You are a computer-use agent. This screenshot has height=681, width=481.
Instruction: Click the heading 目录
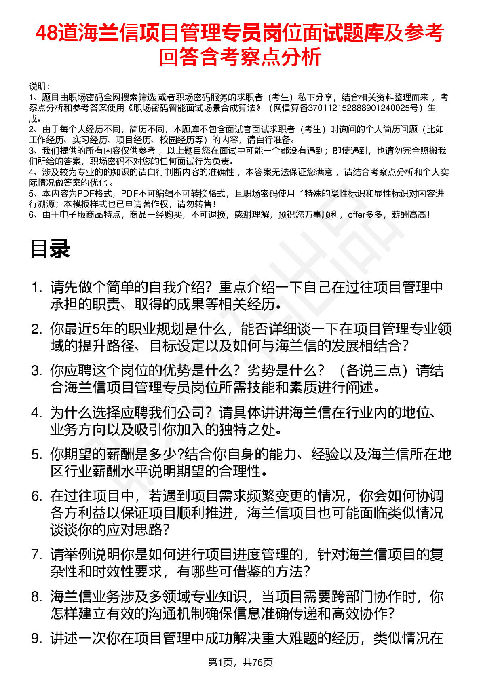(50, 249)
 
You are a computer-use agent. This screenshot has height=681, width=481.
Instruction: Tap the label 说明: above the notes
(39, 87)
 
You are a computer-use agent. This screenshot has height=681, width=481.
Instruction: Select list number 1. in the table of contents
(37, 288)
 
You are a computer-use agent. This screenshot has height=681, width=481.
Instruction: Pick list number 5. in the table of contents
(37, 455)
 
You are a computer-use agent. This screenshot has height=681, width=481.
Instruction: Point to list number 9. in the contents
(37, 638)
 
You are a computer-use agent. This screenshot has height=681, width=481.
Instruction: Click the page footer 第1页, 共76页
(240, 662)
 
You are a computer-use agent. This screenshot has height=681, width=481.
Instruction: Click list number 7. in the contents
(37, 554)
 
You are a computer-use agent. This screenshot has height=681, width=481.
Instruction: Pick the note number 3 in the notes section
(31, 151)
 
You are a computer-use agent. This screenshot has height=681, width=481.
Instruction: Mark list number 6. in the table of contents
(37, 496)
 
